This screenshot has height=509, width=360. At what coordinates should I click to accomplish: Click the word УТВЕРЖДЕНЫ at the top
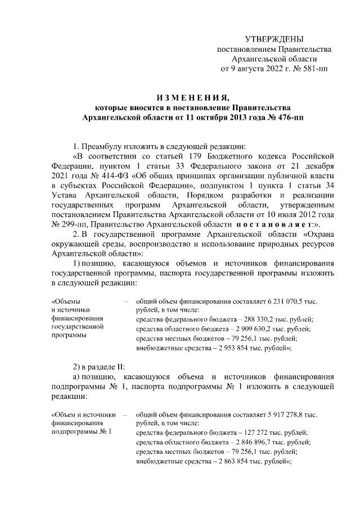(274, 39)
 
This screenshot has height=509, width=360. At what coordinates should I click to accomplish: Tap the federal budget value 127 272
(239, 433)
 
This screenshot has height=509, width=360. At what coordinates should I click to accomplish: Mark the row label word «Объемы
(66, 301)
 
